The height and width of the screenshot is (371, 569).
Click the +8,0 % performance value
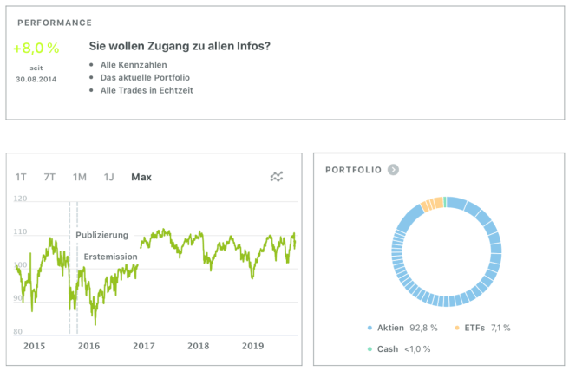coord(35,49)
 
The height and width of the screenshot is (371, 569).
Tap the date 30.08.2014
coord(35,79)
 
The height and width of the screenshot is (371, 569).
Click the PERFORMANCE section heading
coord(55,23)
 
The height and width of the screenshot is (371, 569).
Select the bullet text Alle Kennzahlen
coord(133,64)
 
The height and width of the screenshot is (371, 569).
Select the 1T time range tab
coord(21,177)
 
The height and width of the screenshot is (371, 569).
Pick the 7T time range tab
coord(49,177)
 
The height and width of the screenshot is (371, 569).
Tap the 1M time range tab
coord(80,177)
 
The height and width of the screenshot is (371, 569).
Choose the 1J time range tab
coord(109,177)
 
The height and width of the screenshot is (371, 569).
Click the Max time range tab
coord(141,177)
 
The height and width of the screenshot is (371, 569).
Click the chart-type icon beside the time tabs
coord(277,177)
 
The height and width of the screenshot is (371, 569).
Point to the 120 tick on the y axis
coord(21,199)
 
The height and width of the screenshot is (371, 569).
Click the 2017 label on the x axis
coord(143,346)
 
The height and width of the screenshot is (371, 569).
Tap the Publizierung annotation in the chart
coord(101,235)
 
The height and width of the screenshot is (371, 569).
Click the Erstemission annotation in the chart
coord(110,257)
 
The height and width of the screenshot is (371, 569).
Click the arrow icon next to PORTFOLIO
coord(393,169)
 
